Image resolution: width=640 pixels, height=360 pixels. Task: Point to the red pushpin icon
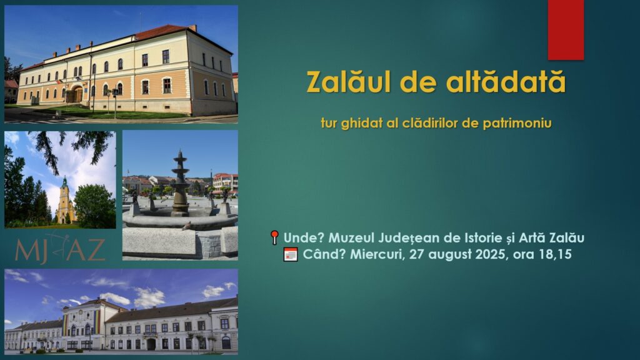pos(275,237)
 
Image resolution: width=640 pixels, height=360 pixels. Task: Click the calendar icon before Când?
pos(291,254)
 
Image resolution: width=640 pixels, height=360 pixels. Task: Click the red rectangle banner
pos(566,30)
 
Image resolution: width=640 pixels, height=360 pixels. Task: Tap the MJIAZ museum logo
pos(60,249)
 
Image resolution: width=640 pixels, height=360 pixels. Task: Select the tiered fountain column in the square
pos(180,184)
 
